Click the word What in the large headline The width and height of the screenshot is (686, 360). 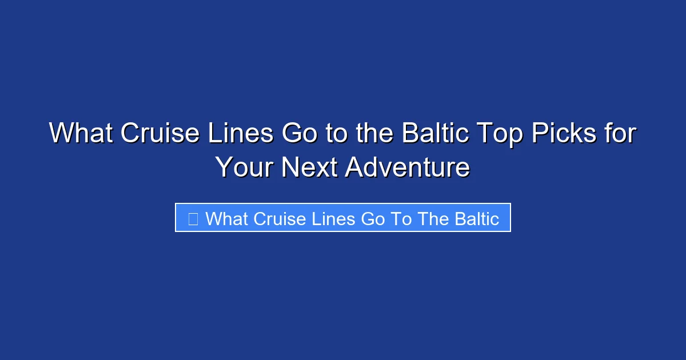pos(81,134)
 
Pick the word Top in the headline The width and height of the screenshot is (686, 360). pos(499,134)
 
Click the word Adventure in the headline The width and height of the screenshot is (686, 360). pos(408,167)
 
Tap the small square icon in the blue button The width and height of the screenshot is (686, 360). pos(193,218)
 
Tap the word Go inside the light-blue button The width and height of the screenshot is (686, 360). pos(373,218)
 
